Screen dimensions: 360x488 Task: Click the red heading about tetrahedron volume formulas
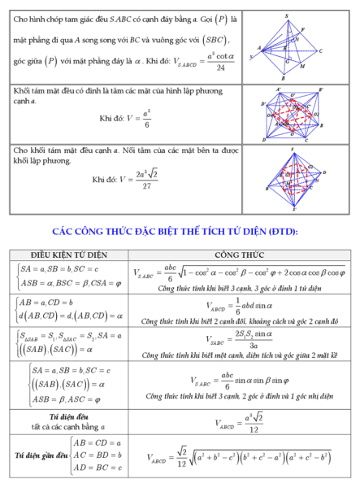tap(180, 232)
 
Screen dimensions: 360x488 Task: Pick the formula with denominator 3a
tap(236, 340)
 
